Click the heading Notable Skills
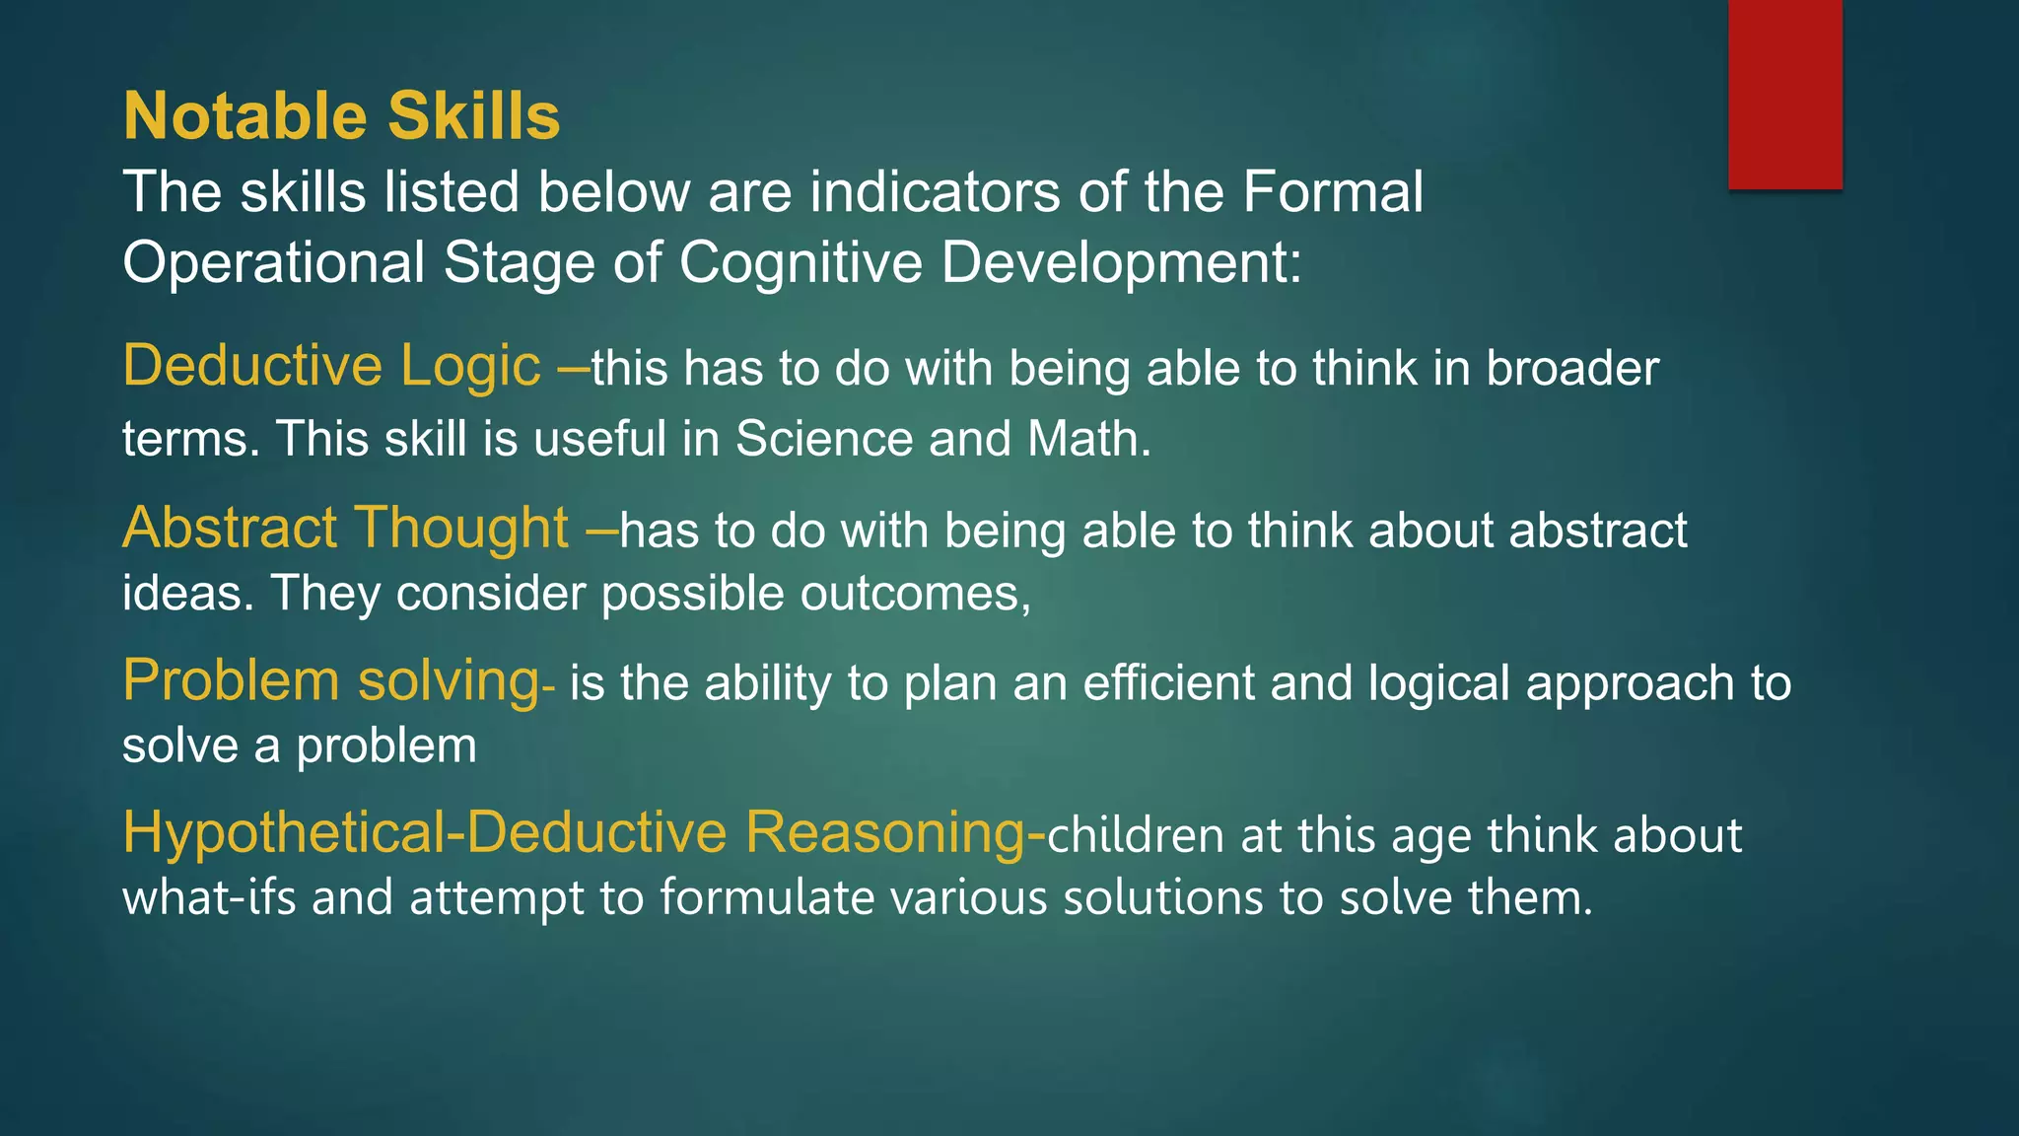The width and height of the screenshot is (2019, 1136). pos(341,116)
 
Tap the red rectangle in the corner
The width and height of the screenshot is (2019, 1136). pos(1784,94)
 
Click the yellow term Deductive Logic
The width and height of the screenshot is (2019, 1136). pos(331,366)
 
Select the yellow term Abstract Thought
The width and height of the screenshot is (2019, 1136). pos(345,528)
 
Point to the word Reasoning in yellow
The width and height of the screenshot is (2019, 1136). pos(885,833)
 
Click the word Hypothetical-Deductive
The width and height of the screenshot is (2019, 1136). pos(424,833)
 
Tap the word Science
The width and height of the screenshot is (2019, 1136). pos(824,439)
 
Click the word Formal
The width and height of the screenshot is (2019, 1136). pos(1332,191)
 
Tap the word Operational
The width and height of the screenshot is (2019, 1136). pos(274,263)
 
